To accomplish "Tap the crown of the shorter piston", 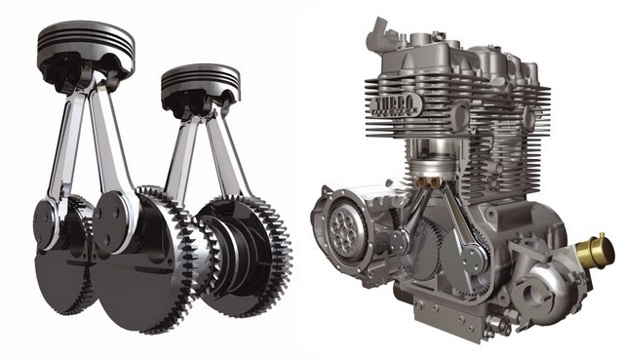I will tap(200, 73).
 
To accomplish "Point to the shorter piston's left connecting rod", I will tap(179, 156).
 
